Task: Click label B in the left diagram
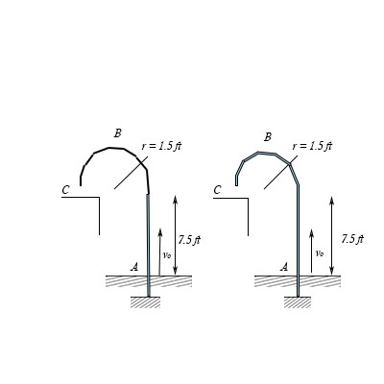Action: coord(117,132)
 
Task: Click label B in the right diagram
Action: coord(268,137)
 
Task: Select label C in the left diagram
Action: coord(65,190)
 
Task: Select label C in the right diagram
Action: coord(217,190)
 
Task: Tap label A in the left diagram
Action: coord(134,267)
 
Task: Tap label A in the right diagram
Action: coord(284,267)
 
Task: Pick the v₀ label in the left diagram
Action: coord(167,255)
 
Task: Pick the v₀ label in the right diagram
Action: coord(318,254)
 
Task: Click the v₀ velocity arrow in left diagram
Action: coord(159,252)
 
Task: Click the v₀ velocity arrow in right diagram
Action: coord(310,252)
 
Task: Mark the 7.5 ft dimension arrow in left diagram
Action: coord(175,234)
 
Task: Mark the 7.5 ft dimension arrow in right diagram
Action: coord(332,234)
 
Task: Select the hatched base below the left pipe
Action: coord(146,303)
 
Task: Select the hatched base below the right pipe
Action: coord(298,303)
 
